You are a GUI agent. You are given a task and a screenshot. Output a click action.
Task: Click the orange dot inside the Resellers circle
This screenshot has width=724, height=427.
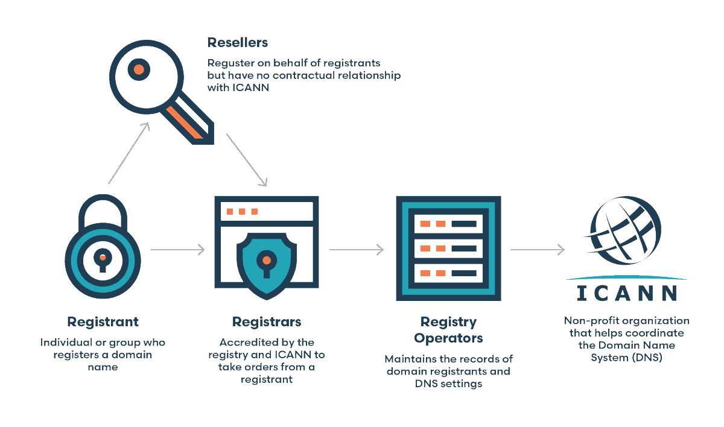(139, 69)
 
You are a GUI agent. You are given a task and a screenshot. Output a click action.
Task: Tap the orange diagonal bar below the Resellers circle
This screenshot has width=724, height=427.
(185, 122)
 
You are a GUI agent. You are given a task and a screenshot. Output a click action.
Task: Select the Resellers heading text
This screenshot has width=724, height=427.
(238, 43)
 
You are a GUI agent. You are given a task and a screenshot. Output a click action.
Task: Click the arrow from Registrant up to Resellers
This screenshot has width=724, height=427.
(129, 153)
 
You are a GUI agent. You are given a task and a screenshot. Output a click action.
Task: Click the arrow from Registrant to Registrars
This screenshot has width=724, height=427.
(178, 249)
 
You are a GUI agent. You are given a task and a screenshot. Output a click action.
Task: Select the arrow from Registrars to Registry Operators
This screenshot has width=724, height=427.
(356, 249)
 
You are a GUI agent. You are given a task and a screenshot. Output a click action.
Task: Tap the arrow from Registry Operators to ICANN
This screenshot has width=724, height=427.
(537, 249)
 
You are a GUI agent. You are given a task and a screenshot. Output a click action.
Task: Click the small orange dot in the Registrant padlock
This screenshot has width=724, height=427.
(103, 258)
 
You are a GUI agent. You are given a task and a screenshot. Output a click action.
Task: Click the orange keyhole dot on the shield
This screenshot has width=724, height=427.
(267, 261)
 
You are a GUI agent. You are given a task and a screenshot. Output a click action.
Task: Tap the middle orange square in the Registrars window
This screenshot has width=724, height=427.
(242, 211)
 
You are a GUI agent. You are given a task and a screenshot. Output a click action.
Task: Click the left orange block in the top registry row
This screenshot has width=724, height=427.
(425, 224)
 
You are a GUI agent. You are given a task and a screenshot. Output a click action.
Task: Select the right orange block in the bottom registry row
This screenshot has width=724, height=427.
(441, 273)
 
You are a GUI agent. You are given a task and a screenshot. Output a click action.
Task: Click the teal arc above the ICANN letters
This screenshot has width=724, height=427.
(626, 277)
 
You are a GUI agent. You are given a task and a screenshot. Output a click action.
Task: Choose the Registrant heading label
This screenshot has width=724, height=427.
(103, 321)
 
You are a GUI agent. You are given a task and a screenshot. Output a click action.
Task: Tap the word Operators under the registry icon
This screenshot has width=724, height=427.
(448, 338)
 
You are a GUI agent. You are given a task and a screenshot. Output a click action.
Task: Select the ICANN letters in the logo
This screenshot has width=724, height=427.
(626, 293)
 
